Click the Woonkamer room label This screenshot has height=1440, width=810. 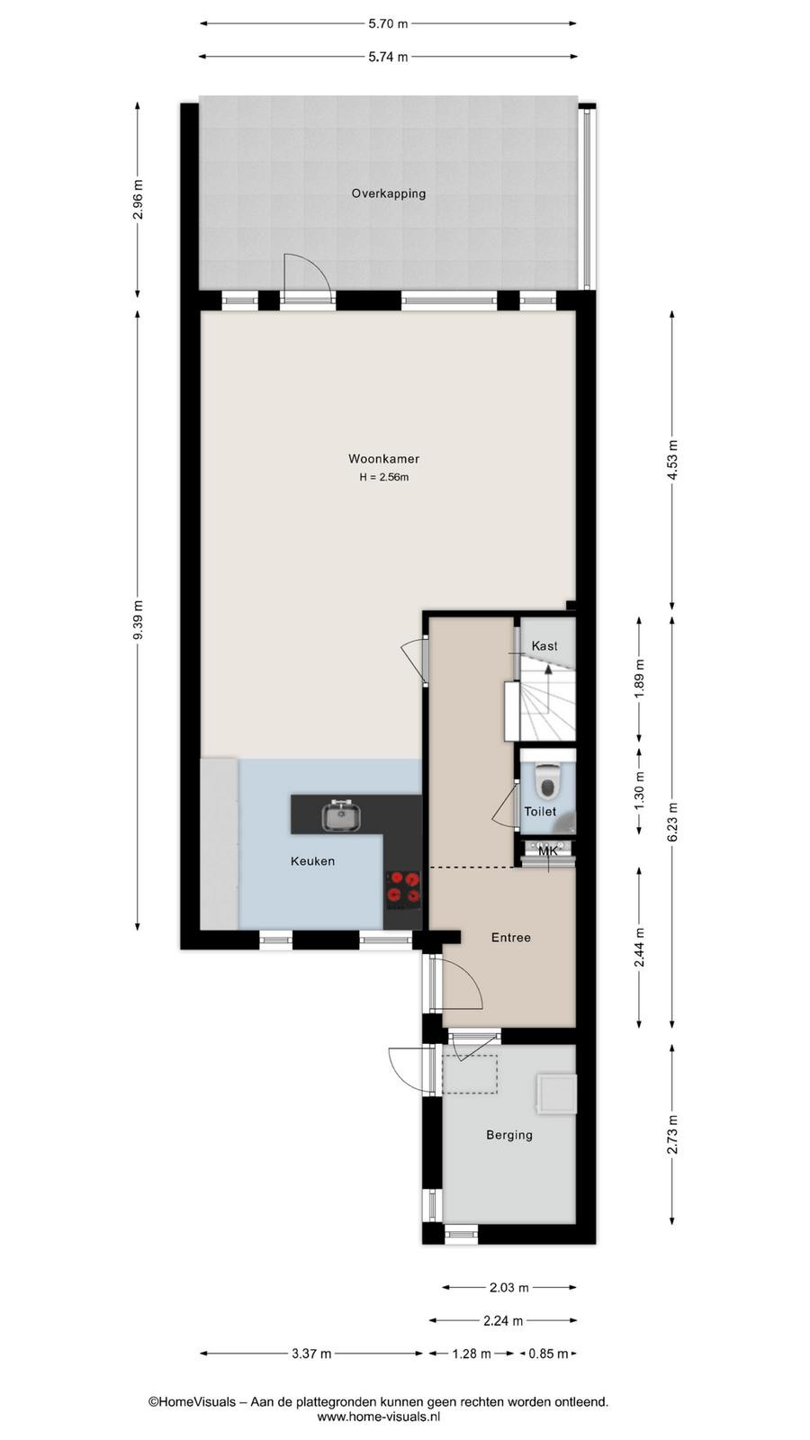[x=383, y=458]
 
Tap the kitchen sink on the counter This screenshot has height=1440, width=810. [x=341, y=815]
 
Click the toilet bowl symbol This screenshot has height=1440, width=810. [x=548, y=779]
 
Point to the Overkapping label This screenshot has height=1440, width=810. [x=388, y=193]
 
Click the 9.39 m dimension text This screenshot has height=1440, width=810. [x=138, y=620]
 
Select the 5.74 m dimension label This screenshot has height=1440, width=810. [x=388, y=57]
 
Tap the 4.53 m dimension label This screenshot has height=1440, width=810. [x=672, y=460]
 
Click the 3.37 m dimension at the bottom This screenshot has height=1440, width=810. [x=311, y=1354]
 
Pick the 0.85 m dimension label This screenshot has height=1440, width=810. [x=548, y=1354]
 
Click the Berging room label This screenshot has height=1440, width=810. [x=509, y=1135]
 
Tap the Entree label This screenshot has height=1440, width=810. [x=511, y=937]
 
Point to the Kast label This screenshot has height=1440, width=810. [x=544, y=646]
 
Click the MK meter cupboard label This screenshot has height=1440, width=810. [x=548, y=851]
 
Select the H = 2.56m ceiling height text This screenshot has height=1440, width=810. [x=383, y=478]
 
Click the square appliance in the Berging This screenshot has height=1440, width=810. [x=557, y=1093]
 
